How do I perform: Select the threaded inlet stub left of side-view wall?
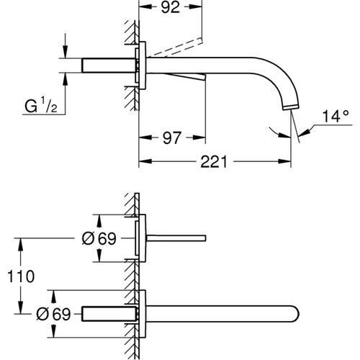pyautogui.click(x=108, y=64)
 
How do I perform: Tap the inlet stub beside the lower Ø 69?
pyautogui.click(x=108, y=313)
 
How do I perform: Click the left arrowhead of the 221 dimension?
pyautogui.click(x=142, y=161)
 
